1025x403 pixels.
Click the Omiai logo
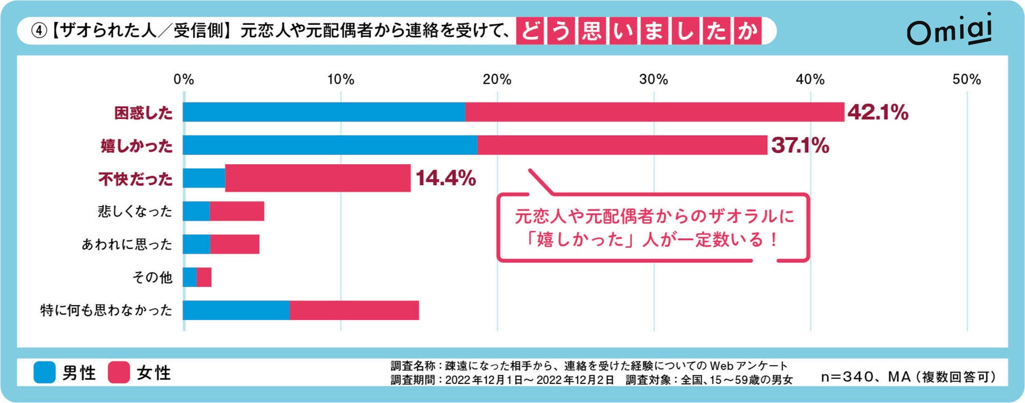pos(949,31)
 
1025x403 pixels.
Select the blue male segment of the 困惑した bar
pos(324,112)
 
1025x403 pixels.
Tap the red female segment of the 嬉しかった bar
pos(622,145)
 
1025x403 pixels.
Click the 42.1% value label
pos(877,112)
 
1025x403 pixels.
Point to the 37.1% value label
pos(800,145)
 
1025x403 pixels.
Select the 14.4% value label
pos(446,178)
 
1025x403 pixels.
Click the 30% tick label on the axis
pos(653,79)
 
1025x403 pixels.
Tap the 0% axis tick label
pos(184,79)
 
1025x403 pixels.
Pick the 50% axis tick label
pos(966,79)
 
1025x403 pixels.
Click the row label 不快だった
pos(135,179)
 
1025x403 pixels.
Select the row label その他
pos(152,277)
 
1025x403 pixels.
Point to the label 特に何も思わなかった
pos(106,310)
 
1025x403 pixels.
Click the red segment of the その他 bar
pos(204,277)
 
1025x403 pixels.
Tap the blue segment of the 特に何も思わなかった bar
pos(236,310)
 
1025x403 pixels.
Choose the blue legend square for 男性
pos(45,372)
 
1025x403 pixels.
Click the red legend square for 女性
pos(119,372)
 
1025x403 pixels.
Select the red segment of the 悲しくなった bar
pos(237,211)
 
